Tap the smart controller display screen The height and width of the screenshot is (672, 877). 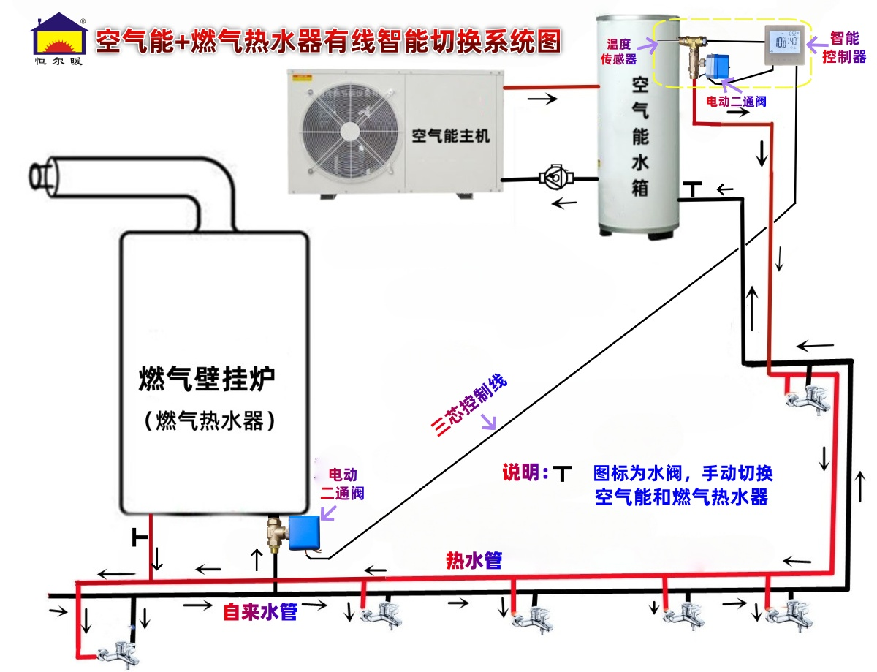784,43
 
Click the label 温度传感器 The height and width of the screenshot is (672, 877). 618,51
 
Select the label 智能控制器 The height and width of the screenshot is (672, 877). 844,48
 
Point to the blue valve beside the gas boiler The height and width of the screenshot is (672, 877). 304,532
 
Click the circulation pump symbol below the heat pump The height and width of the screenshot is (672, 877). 556,177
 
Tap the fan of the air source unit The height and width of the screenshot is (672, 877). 349,132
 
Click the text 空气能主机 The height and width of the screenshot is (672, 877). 450,135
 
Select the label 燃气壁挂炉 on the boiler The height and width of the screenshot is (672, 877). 206,379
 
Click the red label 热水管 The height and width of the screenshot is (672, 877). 474,560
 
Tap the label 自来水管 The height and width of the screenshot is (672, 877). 260,611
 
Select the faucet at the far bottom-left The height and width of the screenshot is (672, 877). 119,653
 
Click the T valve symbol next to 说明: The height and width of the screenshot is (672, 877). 562,473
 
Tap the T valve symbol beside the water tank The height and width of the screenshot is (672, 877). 693,189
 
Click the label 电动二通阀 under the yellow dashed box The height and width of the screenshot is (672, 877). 736,102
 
